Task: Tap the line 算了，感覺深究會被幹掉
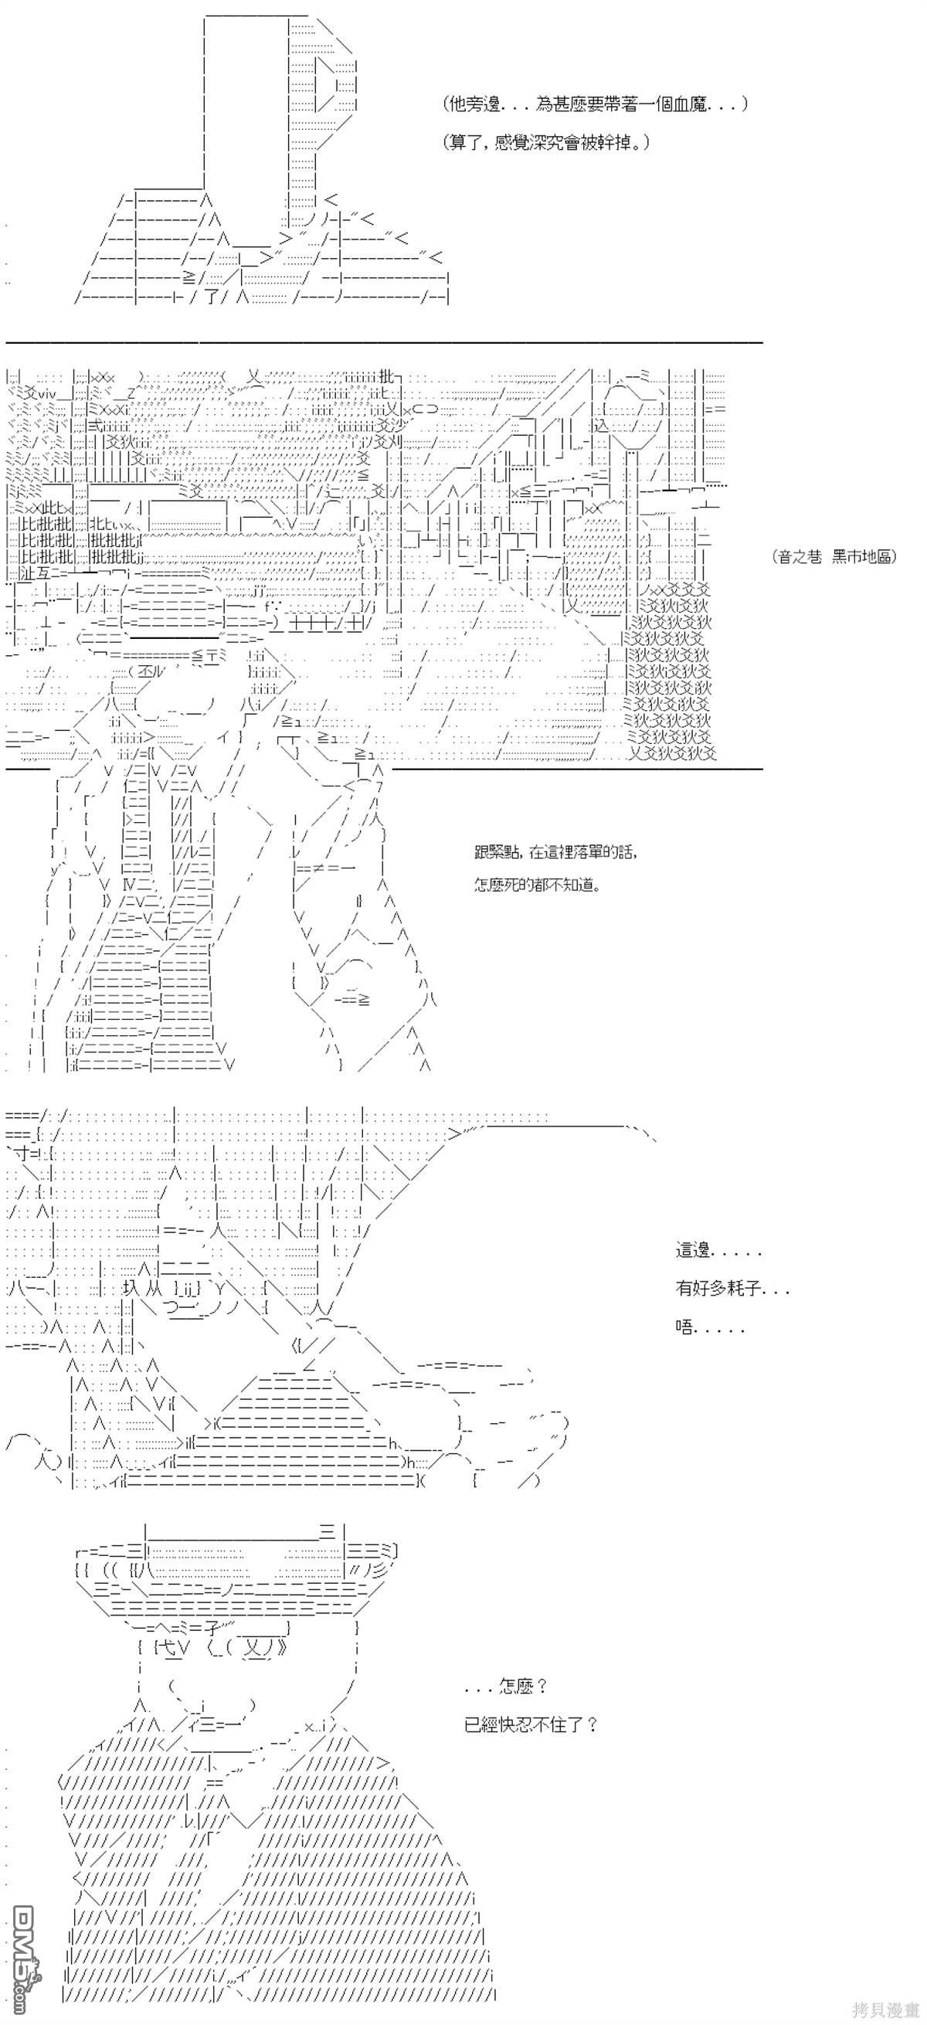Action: point(545,143)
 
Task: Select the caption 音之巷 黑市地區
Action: point(835,556)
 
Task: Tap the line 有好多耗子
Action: point(732,1289)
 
